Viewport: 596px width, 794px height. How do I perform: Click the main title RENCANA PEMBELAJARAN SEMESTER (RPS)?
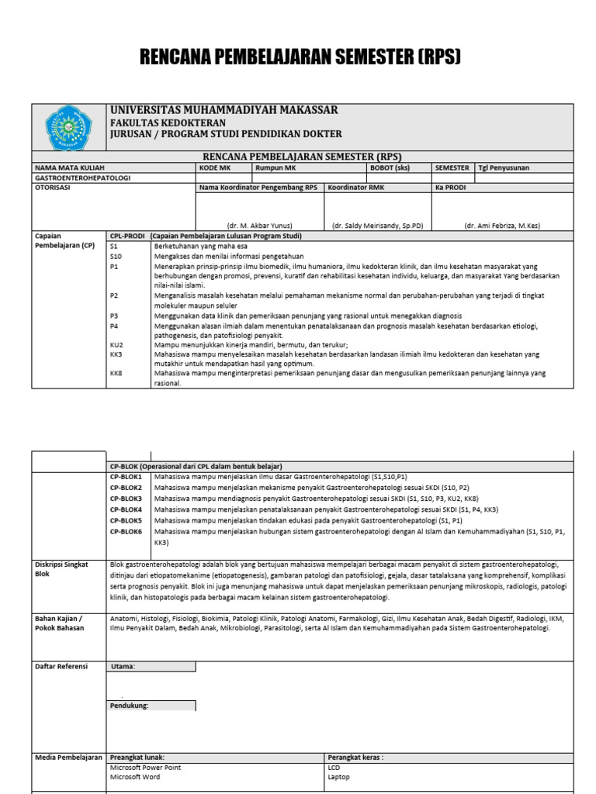tap(300, 57)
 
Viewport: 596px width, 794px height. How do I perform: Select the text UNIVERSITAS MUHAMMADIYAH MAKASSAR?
tap(224, 110)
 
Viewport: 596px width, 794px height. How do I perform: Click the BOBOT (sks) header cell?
tap(391, 167)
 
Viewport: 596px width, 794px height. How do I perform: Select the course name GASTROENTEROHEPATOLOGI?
tap(83, 178)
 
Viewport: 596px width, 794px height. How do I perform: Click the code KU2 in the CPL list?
tap(117, 344)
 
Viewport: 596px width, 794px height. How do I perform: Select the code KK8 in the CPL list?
tap(117, 373)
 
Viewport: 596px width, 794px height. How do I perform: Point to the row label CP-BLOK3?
tap(126, 499)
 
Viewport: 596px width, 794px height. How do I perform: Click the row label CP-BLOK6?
tap(126, 532)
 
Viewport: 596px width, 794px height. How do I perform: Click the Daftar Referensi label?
tap(61, 666)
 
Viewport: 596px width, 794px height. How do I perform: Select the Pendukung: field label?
tap(130, 706)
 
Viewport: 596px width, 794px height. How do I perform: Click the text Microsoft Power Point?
tap(146, 767)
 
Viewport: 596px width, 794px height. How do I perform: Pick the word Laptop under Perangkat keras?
tap(339, 776)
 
